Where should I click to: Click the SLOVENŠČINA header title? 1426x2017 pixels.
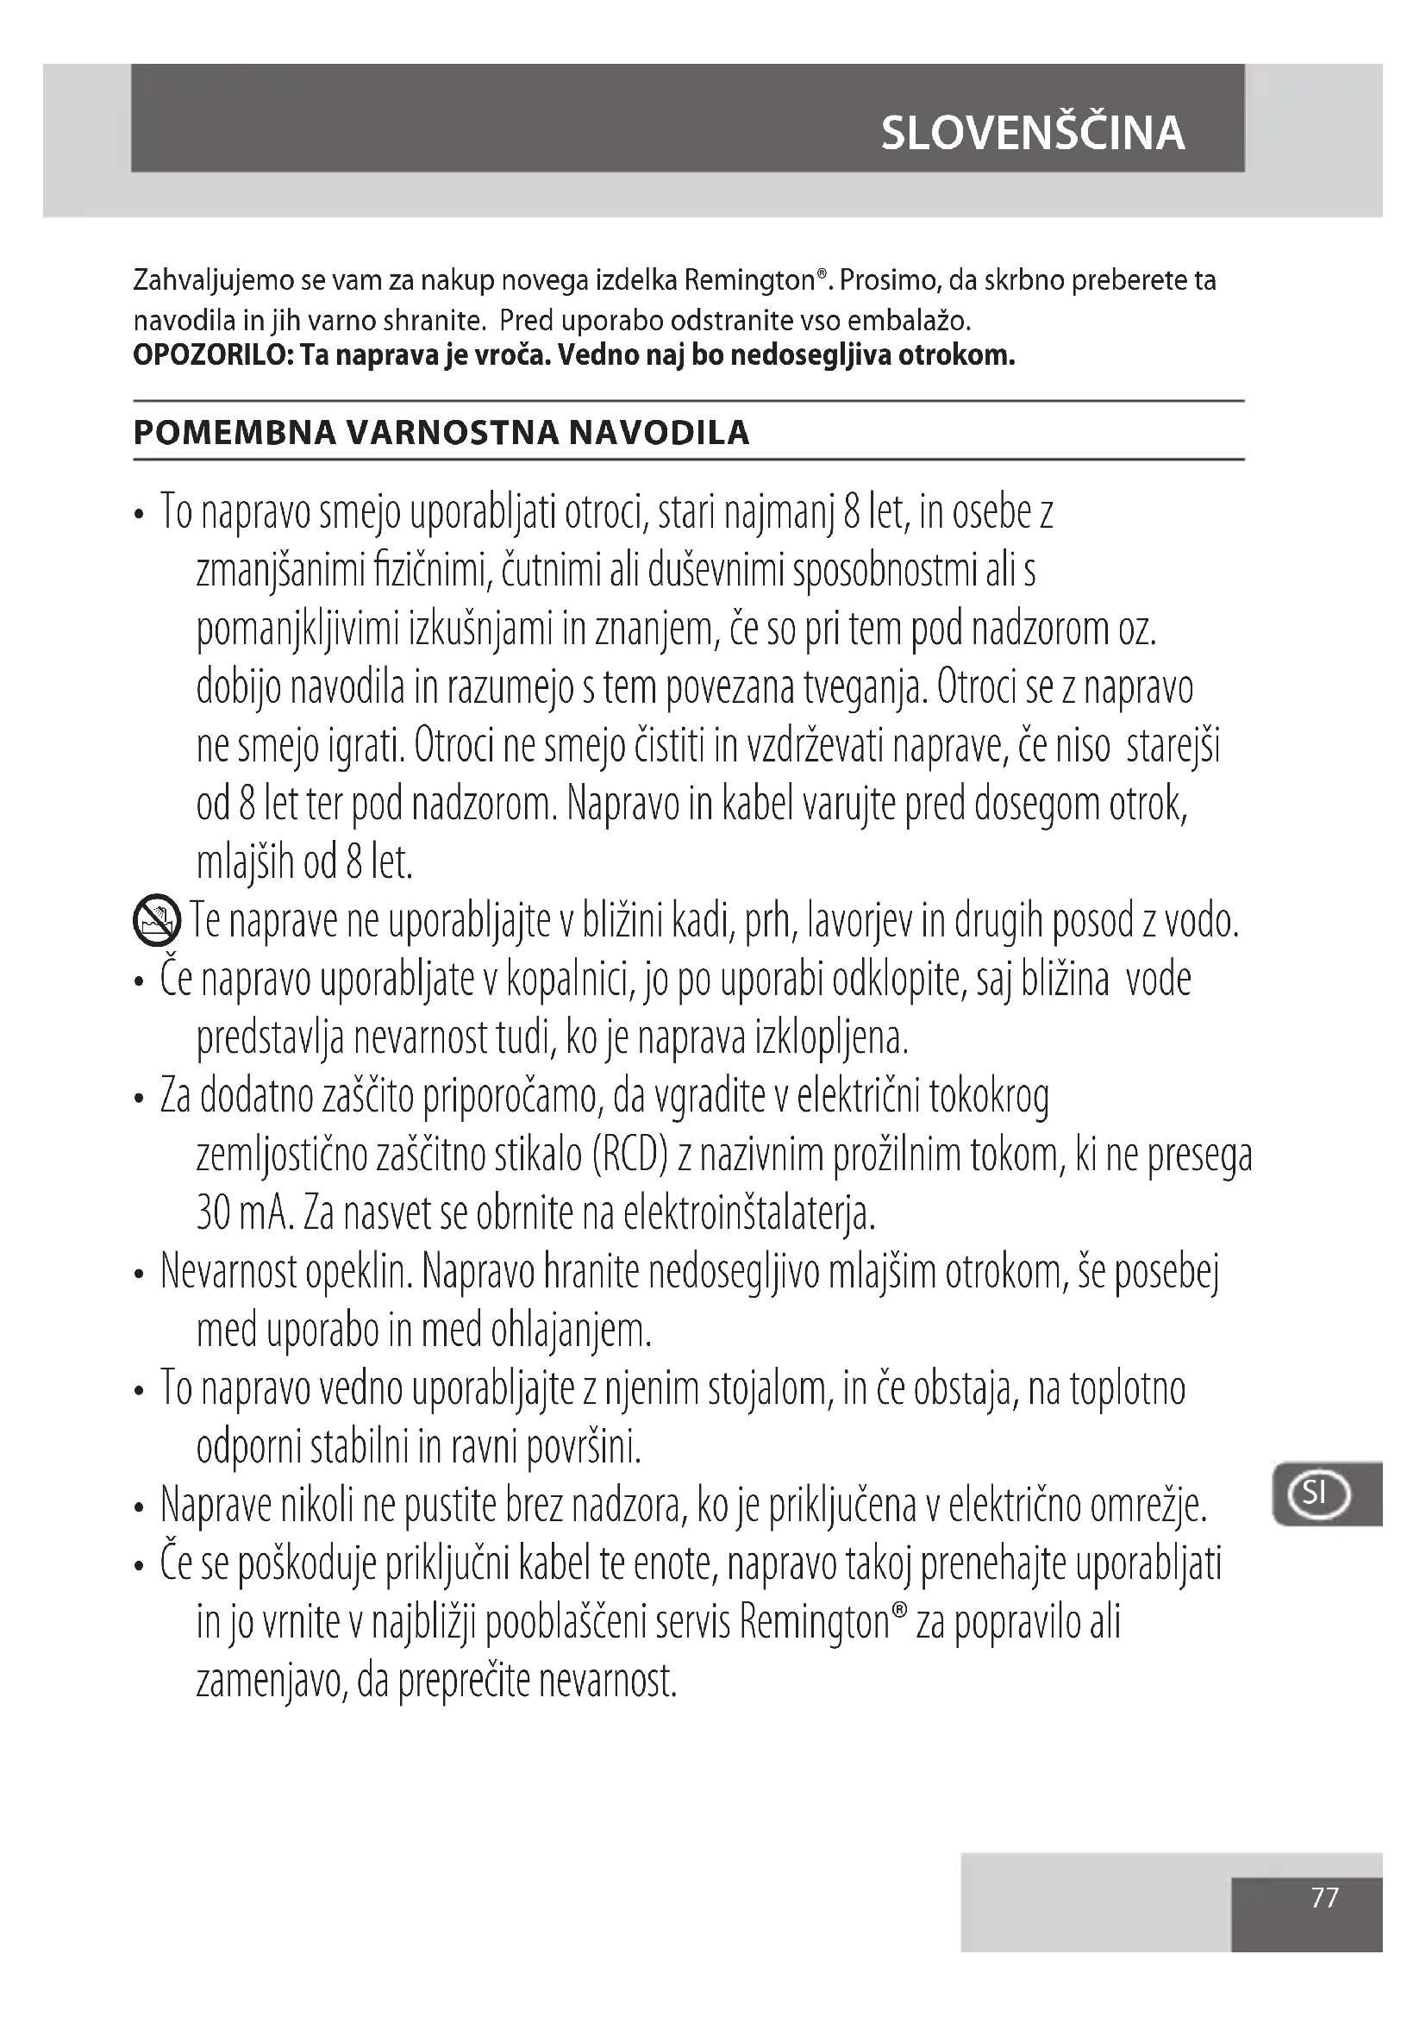(x=1033, y=133)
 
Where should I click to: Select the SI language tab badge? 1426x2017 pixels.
(x=1316, y=1493)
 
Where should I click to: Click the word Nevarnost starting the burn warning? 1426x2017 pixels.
(x=228, y=1272)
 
